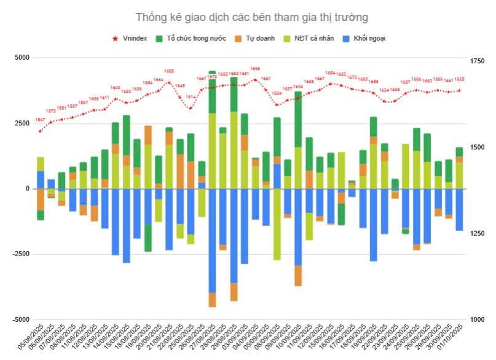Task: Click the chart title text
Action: click(247, 17)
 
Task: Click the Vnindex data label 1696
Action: click(255, 69)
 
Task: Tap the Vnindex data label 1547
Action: click(40, 120)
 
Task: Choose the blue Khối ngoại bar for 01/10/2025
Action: click(459, 209)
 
